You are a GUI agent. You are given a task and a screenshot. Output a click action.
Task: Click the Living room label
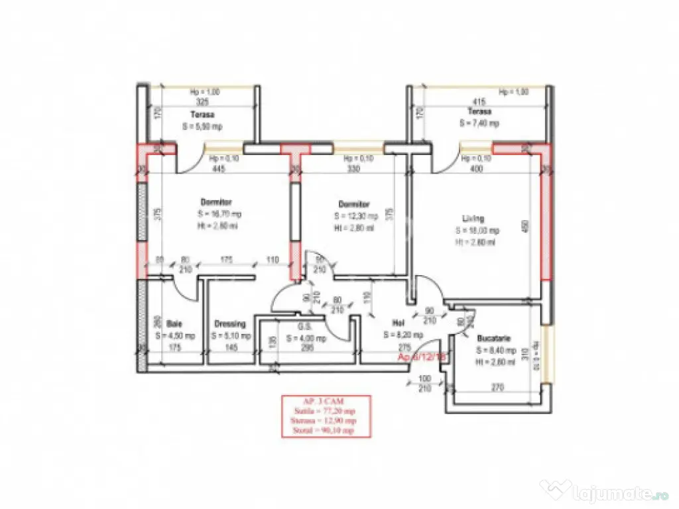tap(473, 218)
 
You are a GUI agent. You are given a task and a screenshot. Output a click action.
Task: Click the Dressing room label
tap(230, 324)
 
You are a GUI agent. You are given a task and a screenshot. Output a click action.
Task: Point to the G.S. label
tap(306, 326)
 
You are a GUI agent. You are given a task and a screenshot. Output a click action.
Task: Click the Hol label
tap(399, 323)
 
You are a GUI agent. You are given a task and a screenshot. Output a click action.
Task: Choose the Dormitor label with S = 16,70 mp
tap(217, 201)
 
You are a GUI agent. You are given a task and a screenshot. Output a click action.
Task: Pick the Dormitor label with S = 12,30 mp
tap(353, 204)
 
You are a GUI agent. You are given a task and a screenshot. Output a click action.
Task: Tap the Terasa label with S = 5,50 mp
tap(202, 114)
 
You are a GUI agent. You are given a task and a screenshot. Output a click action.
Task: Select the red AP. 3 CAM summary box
tap(326, 416)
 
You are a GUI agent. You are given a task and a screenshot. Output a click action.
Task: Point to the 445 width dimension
tap(219, 169)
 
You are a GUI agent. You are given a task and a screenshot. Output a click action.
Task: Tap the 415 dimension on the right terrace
tap(479, 102)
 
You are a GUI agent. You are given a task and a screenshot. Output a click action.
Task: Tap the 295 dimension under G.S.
tap(307, 347)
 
